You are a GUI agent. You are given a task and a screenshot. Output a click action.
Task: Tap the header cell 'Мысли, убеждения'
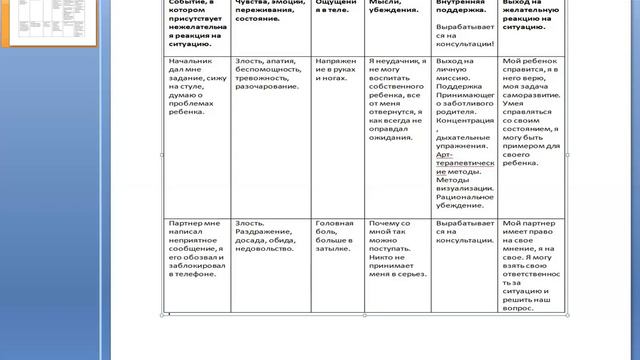(391, 10)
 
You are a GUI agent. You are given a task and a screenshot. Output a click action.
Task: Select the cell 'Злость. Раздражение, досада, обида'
(269, 241)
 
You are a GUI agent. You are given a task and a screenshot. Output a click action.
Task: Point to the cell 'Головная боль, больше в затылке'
(336, 234)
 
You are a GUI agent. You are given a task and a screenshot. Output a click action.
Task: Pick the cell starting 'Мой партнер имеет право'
(532, 266)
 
